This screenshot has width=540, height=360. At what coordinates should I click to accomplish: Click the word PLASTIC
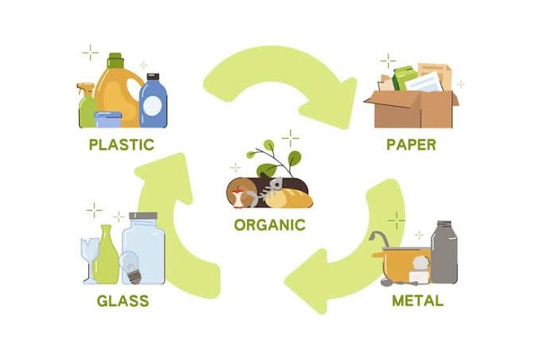pyautogui.click(x=121, y=145)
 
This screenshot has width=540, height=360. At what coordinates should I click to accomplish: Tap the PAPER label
pyautogui.click(x=411, y=145)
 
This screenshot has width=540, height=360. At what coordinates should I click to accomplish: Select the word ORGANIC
pyautogui.click(x=270, y=225)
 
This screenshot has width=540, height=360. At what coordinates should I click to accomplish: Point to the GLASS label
pyautogui.click(x=123, y=301)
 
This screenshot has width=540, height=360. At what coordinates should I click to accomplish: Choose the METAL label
pyautogui.click(x=417, y=301)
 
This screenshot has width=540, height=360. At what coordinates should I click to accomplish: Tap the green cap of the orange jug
pyautogui.click(x=115, y=61)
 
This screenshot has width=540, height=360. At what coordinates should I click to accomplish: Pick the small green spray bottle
pyautogui.click(x=86, y=106)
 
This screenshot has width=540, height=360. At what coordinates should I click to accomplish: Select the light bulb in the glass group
pyautogui.click(x=131, y=267)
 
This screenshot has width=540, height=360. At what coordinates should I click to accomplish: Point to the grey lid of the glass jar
pyautogui.click(x=143, y=216)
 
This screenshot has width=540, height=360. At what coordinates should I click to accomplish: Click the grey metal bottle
pyautogui.click(x=444, y=252)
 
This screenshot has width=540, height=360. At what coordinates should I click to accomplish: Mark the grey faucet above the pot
pyautogui.click(x=379, y=238)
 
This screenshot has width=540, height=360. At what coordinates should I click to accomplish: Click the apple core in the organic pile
pyautogui.click(x=238, y=198)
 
